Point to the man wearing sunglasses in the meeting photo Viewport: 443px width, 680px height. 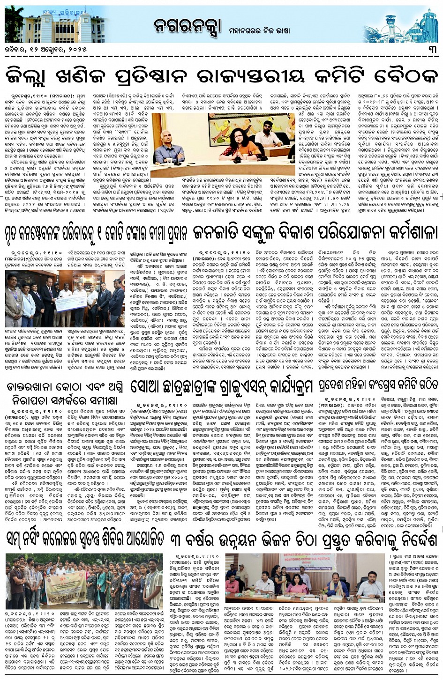point(267,136)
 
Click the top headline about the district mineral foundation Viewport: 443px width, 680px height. point(221,75)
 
